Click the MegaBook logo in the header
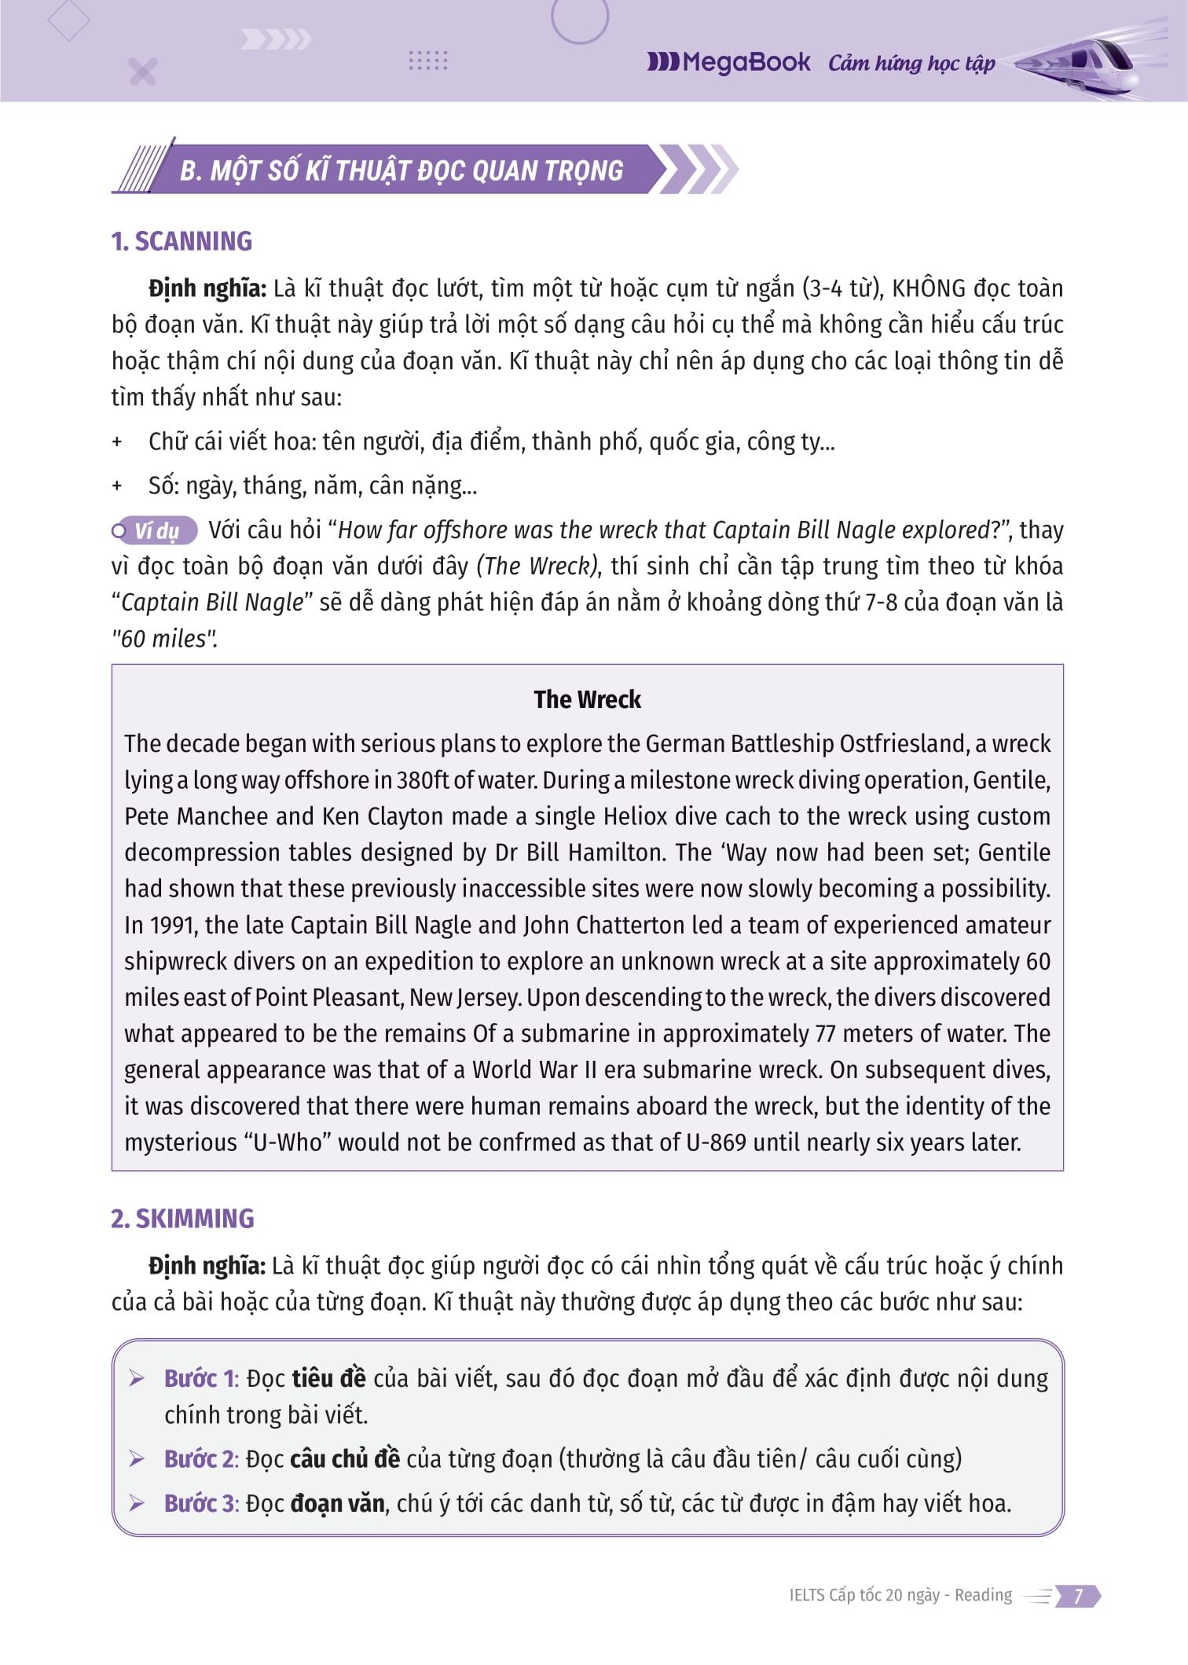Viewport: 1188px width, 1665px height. point(728,62)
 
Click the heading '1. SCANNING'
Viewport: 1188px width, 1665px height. point(181,241)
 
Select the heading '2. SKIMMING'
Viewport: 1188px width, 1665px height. point(182,1218)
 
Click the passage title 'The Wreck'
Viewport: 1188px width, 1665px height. point(587,699)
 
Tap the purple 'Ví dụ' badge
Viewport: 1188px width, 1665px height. point(156,531)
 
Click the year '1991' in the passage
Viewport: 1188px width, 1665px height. point(170,925)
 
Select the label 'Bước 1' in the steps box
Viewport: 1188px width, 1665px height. point(200,1378)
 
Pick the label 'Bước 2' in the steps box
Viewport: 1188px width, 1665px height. point(200,1458)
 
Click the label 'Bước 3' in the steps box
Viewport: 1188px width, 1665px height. point(200,1503)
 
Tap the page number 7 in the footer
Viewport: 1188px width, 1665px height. point(1078,1595)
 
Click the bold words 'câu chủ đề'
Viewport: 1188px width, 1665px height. point(345,1458)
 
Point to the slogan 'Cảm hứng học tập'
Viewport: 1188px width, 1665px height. point(911,63)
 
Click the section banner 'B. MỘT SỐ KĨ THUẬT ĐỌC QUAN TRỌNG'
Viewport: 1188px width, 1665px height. point(401,170)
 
